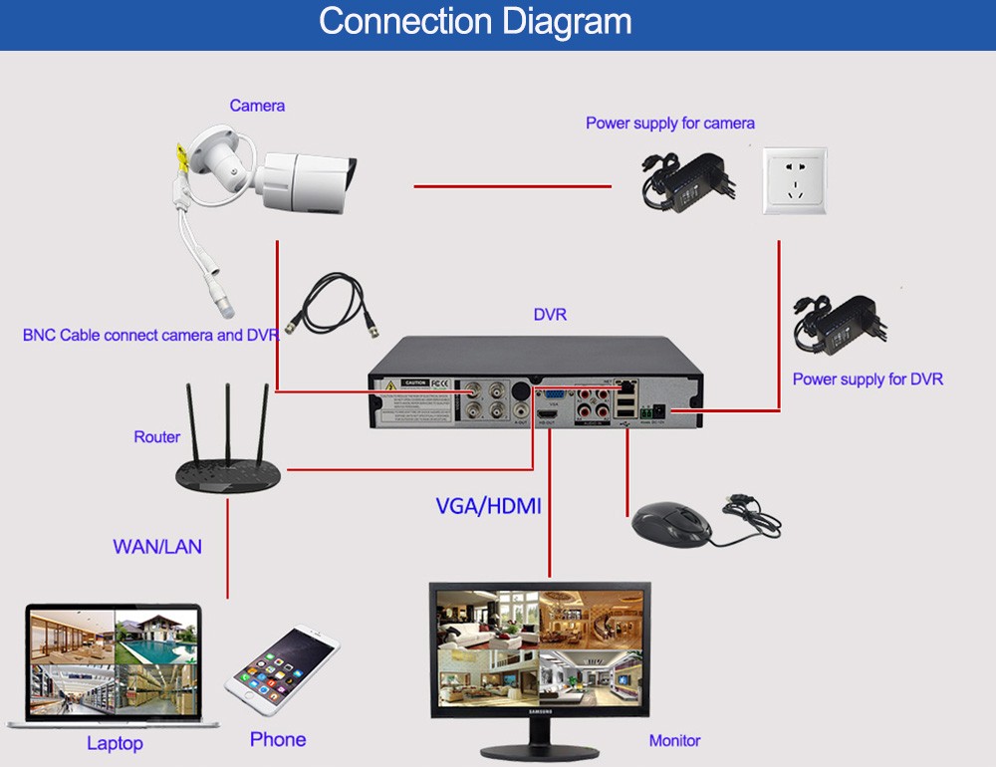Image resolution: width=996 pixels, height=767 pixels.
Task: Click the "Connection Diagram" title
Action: tap(475, 22)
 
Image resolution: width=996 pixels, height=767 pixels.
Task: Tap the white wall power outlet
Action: tap(795, 180)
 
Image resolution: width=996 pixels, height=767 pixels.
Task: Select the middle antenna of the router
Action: tap(228, 419)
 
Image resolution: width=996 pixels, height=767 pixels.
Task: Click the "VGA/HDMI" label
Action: tap(488, 506)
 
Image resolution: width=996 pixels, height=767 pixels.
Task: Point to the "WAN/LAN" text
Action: tap(157, 546)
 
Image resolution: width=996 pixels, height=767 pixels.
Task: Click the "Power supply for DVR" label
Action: tap(868, 379)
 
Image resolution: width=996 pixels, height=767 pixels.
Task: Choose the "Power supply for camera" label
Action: tap(670, 124)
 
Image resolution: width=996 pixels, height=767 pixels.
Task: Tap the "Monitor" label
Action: tap(674, 740)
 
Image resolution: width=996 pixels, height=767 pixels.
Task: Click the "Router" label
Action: tap(157, 436)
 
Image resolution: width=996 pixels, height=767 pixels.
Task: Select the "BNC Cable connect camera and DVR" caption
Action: tap(150, 335)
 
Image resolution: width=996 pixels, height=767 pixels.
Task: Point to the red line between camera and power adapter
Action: tap(512, 185)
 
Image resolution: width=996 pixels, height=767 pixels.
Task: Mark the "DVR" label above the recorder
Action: tap(550, 315)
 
